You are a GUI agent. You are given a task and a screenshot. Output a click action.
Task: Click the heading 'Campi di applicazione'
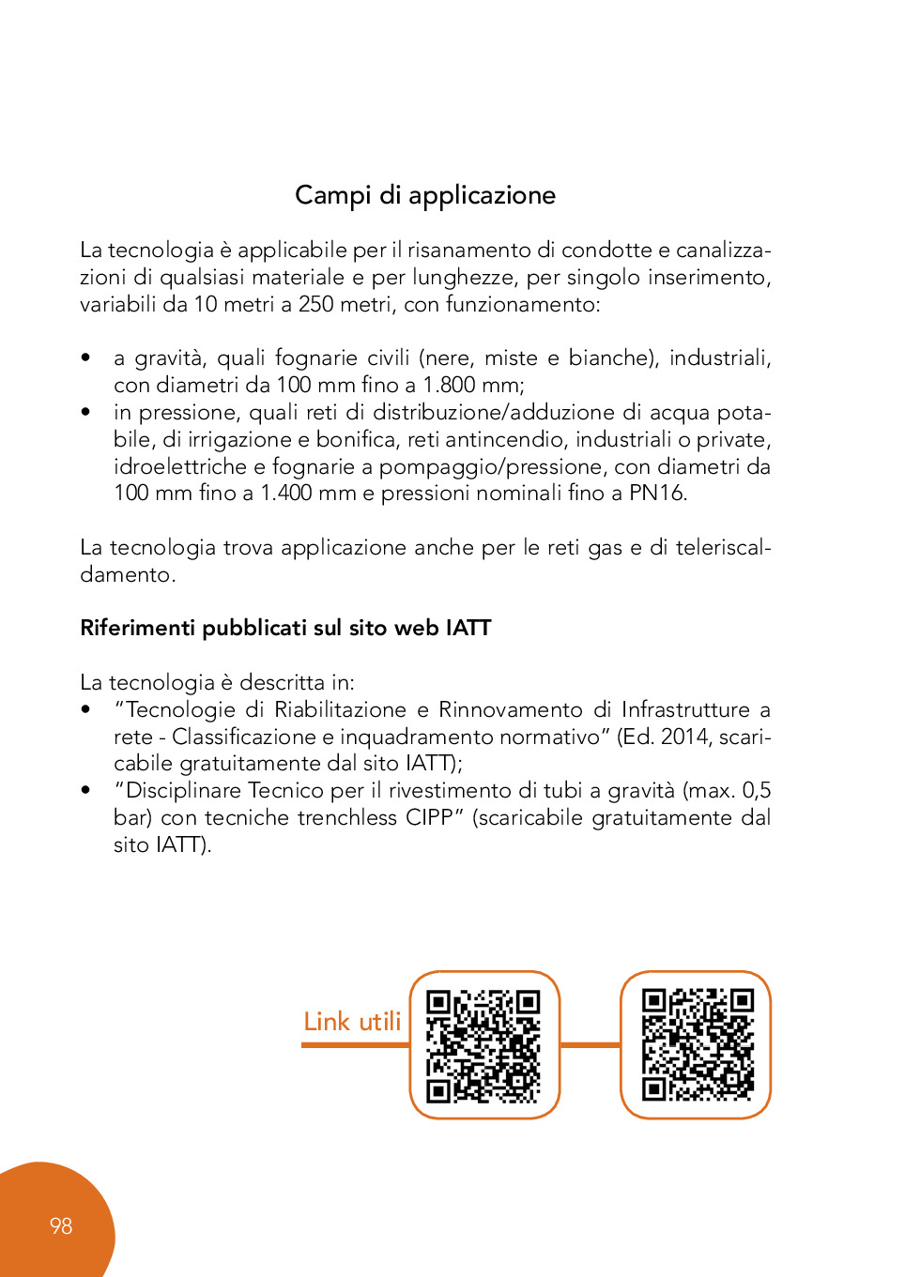425,195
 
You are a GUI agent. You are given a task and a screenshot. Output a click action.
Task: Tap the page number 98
61,1226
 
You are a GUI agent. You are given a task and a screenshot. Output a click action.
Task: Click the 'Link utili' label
352,1022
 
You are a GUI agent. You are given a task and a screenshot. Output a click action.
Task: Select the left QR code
483,1045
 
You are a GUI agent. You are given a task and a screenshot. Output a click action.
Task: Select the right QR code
697,1044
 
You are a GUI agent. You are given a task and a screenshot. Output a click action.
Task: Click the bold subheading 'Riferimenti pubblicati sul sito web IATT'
285,628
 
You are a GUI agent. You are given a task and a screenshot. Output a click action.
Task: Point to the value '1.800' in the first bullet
449,385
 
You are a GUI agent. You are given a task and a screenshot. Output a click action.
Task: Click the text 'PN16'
656,494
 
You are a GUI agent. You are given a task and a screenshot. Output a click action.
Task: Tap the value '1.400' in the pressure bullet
286,494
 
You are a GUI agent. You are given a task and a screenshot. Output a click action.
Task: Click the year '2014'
685,737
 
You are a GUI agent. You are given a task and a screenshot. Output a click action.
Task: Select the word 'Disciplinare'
183,791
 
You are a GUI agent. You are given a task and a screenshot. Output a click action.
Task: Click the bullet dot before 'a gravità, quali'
85,357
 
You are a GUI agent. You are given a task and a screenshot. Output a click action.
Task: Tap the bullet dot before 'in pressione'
85,412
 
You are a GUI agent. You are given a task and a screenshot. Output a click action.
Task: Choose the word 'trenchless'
347,818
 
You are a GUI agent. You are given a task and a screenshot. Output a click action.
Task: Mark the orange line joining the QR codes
591,1043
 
